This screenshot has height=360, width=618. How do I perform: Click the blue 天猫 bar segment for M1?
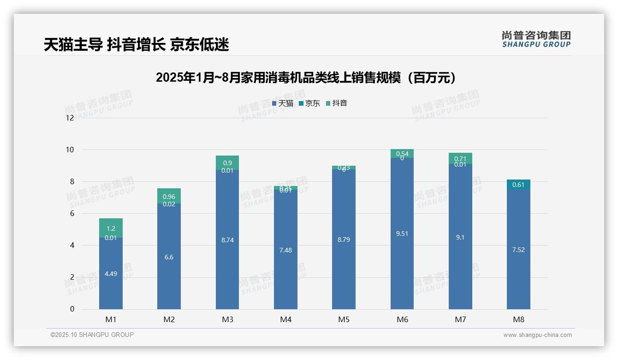[x=111, y=273]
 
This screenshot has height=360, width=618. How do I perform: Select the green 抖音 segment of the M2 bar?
[x=169, y=196]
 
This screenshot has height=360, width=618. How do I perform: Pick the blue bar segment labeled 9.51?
[x=402, y=234]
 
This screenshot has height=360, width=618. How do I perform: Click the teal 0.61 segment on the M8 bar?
[x=518, y=185]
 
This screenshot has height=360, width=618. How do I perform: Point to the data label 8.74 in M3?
[x=227, y=240]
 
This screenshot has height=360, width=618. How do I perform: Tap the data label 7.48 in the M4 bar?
[x=285, y=250]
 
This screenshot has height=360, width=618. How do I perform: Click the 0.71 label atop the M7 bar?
[x=460, y=159]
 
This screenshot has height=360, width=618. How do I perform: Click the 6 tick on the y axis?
[x=72, y=214]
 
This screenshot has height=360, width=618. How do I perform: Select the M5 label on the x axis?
[x=344, y=319]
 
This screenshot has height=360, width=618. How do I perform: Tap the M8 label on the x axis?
[x=518, y=319]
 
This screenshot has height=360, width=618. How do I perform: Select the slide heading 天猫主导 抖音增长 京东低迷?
[x=136, y=44]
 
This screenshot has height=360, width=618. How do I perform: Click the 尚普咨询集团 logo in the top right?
[x=536, y=39]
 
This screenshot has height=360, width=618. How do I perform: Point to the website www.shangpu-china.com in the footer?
[x=537, y=335]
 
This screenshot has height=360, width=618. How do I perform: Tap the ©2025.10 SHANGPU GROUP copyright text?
[x=92, y=335]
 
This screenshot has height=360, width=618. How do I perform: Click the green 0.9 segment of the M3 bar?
[x=227, y=162]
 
